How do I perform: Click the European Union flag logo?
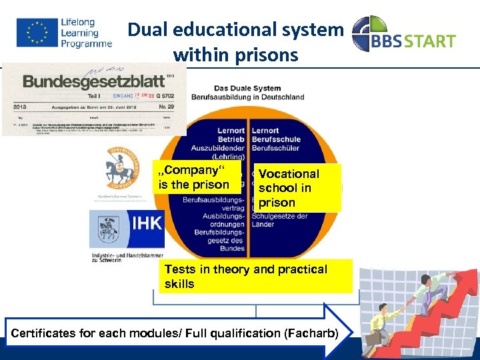click(37, 32)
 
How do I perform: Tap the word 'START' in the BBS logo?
click(428, 41)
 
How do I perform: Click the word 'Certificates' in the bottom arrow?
click(47, 333)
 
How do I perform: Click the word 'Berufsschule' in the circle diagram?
click(277, 139)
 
